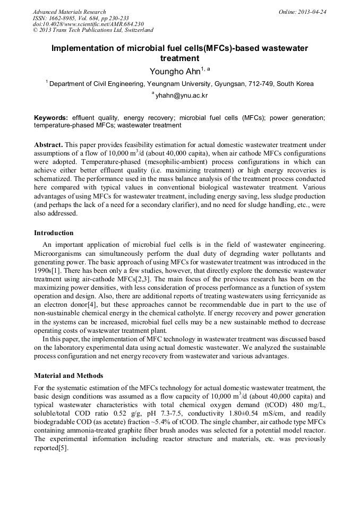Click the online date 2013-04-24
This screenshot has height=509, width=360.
click(x=312, y=11)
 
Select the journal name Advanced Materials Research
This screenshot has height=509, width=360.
click(x=69, y=11)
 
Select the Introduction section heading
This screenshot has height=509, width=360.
click(x=54, y=232)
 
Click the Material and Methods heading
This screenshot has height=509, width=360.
click(x=68, y=375)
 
